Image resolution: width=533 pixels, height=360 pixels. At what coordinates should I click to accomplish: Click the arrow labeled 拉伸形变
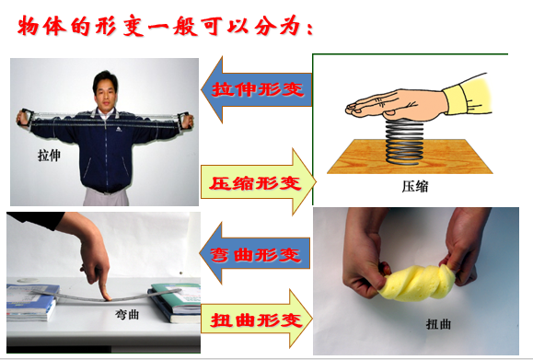click(x=252, y=89)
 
